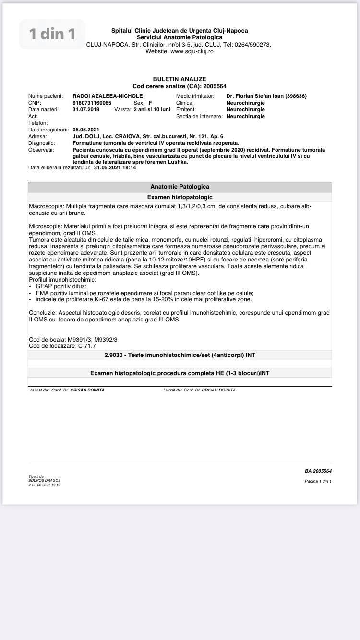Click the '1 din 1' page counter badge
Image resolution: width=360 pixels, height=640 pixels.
pyautogui.click(x=52, y=34)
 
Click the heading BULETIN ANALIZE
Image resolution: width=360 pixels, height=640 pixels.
pyautogui.click(x=180, y=79)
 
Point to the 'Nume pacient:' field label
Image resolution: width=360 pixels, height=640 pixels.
pyautogui.click(x=46, y=96)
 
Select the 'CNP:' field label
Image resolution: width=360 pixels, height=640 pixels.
pyautogui.click(x=35, y=103)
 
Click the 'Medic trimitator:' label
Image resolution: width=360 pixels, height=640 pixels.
pyautogui.click(x=195, y=96)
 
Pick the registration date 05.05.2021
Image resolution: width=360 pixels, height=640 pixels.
pyautogui.click(x=86, y=130)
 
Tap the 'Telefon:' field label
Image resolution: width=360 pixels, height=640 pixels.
pyautogui.click(x=39, y=123)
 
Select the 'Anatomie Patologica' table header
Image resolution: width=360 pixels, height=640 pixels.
pyautogui.click(x=180, y=187)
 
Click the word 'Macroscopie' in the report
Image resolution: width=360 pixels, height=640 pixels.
pyautogui.click(x=46, y=206)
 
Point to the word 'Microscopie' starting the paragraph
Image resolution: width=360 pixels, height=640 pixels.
pyautogui.click(x=45, y=226)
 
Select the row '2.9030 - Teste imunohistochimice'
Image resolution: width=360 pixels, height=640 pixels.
pyautogui.click(x=180, y=355)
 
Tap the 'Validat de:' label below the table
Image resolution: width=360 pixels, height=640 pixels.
pyautogui.click(x=39, y=390)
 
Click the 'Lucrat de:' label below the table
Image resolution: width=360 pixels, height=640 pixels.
pyautogui.click(x=172, y=390)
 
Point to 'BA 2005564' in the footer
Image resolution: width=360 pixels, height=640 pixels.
pyautogui.click(x=318, y=471)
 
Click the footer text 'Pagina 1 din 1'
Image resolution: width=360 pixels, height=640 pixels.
pyautogui.click(x=318, y=481)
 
